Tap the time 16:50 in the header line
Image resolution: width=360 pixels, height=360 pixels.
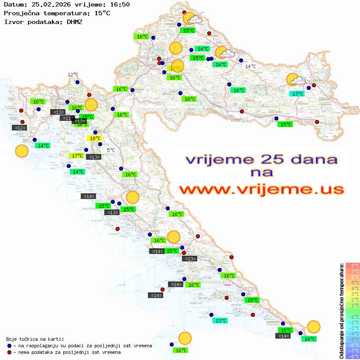click(x=119, y=5)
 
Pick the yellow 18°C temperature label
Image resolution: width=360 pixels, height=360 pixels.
click(x=95, y=138)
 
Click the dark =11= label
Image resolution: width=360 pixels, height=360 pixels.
click(x=67, y=118)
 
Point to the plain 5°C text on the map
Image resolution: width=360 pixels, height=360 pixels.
click(x=111, y=150)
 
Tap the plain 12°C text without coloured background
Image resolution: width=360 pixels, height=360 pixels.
click(x=72, y=75)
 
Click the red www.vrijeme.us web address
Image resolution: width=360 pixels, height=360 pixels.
click(x=261, y=189)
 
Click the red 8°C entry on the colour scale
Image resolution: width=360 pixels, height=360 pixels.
click(x=353, y=266)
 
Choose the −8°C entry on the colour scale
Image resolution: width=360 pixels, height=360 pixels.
click(x=353, y=356)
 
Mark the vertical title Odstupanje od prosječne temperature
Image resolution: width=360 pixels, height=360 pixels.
click(x=342, y=311)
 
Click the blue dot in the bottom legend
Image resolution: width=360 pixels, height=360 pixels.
click(x=9, y=346)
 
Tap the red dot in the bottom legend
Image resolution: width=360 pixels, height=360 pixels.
click(x=9, y=352)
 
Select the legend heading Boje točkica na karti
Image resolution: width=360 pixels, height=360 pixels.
click(x=35, y=339)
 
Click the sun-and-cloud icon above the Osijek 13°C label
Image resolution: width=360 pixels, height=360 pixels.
click(x=295, y=80)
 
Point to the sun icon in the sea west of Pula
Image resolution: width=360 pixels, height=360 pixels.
click(x=21, y=151)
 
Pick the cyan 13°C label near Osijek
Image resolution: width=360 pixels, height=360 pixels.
click(x=298, y=93)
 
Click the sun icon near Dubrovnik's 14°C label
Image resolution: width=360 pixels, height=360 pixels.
click(x=313, y=327)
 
